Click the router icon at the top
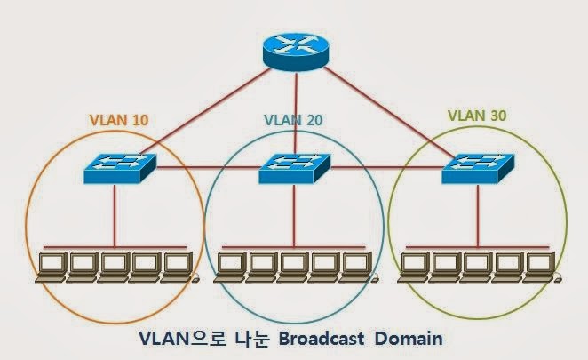pos(294,54)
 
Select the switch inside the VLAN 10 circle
pos(120,167)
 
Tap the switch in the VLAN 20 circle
pos(294,167)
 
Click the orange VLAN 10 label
pos(118,119)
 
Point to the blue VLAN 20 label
pos(293,119)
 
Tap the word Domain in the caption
pos(408,339)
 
